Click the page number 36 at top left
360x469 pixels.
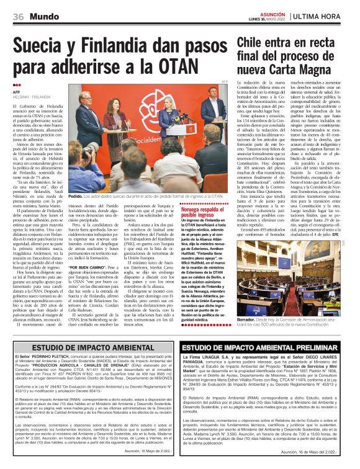[x=17, y=15]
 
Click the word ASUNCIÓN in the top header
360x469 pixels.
[x=272, y=12]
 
